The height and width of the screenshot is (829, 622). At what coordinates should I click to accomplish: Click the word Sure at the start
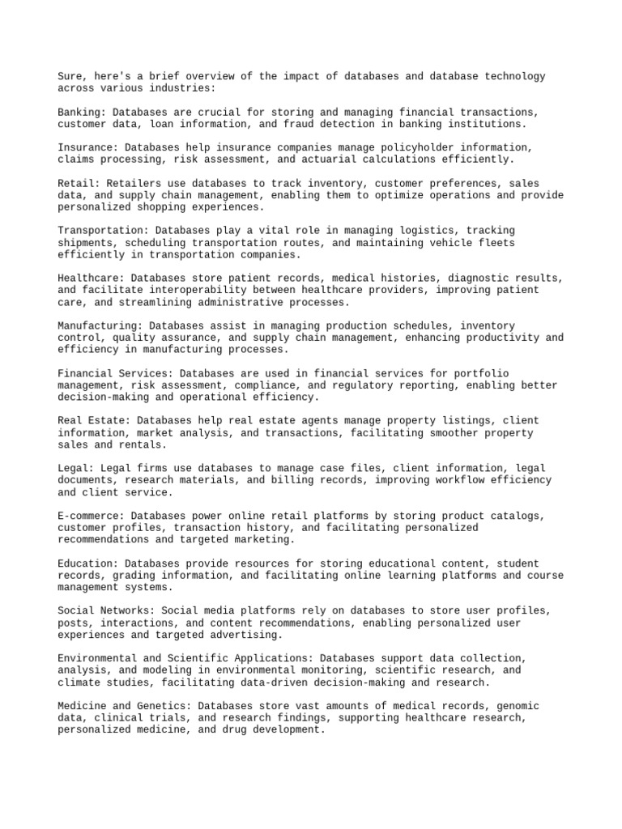click(70, 77)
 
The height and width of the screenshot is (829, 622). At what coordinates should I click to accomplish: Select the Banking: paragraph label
click(82, 113)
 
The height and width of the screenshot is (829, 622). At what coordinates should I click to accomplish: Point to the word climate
click(79, 682)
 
